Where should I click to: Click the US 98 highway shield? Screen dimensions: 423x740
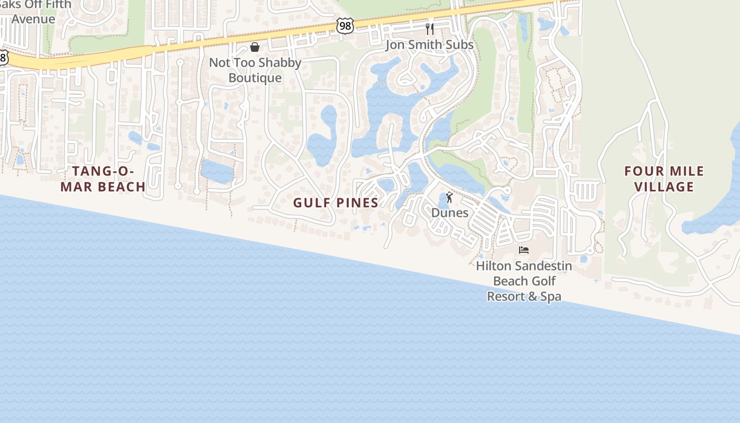coord(345,25)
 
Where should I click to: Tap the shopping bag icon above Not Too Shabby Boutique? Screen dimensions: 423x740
coord(255,47)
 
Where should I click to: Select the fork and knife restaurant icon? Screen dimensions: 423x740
coord(430,29)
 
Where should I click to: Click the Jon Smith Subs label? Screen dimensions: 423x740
coord(429,44)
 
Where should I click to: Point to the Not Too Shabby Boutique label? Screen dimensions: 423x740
coord(255,70)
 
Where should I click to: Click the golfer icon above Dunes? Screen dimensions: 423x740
coord(449,197)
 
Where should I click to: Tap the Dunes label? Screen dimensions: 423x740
coord(450,213)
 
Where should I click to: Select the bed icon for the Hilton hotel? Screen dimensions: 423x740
coord(524,250)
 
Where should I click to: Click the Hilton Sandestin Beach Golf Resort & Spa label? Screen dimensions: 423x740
coord(524,281)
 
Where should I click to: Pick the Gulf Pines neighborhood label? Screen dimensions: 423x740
coord(336,203)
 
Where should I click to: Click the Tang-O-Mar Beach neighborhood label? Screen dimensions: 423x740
coord(103,179)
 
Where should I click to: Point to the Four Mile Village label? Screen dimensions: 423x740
coord(664,179)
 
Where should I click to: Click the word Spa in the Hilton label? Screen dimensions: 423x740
coord(551,297)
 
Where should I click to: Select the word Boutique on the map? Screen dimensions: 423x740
coord(255,78)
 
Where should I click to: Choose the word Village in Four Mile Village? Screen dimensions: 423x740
coord(664,187)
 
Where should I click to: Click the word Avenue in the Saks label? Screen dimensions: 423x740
coord(33,19)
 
